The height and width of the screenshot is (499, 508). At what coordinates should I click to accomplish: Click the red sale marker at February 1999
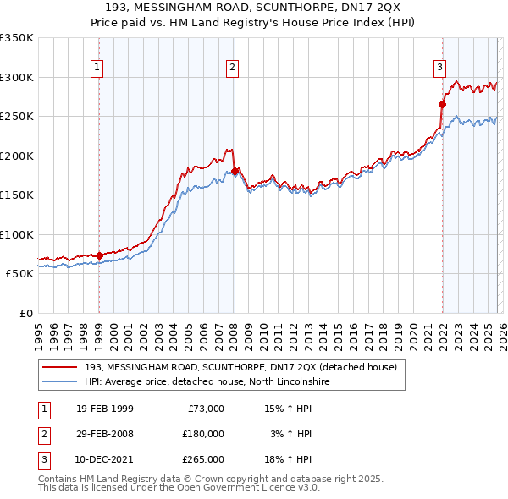pyautogui.click(x=99, y=255)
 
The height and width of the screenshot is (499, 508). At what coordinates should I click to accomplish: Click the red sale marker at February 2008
pyautogui.click(x=235, y=171)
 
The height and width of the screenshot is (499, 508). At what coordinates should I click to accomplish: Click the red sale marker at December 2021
pyautogui.click(x=442, y=104)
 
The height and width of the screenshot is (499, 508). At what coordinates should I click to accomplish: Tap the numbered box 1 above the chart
pyautogui.click(x=97, y=69)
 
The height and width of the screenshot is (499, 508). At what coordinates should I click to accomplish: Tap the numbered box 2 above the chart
pyautogui.click(x=232, y=69)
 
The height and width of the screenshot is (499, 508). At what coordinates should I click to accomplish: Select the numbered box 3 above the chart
pyautogui.click(x=440, y=69)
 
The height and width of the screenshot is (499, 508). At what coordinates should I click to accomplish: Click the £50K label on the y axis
pyautogui.click(x=19, y=274)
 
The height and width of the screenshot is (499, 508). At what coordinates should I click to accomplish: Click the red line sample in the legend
pyautogui.click(x=60, y=367)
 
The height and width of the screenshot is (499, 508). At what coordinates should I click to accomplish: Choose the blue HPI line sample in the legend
pyautogui.click(x=60, y=381)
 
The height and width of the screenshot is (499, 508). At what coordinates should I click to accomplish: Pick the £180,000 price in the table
pyautogui.click(x=203, y=434)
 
